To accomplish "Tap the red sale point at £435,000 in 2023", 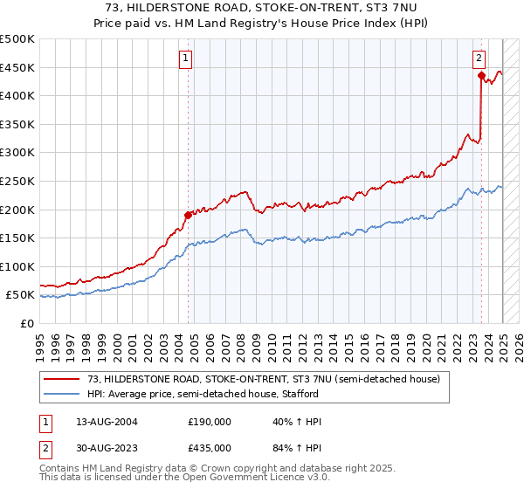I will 481,76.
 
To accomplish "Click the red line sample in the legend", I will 61,378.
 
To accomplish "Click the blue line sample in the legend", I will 61,394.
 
